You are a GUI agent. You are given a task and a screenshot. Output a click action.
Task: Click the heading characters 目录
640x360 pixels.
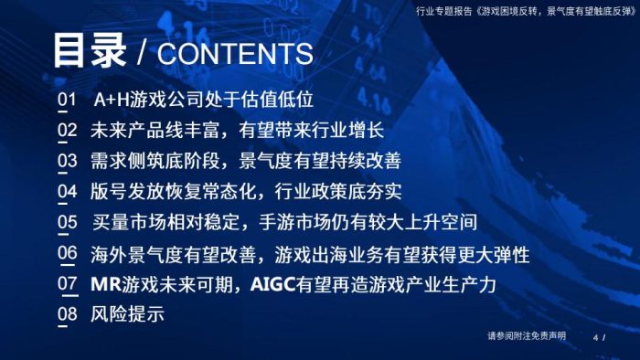coord(89,51)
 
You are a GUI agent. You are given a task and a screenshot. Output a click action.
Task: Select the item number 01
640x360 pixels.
coord(67,99)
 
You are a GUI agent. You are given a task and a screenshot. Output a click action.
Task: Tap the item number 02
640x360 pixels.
coord(67,130)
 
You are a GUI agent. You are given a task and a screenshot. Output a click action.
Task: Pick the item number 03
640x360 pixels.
coord(67,161)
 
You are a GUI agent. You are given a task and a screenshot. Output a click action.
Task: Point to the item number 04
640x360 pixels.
coord(67,192)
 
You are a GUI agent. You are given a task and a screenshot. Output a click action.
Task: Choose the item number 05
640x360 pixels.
coord(67,222)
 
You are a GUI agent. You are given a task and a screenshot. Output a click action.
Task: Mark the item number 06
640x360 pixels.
coord(67,253)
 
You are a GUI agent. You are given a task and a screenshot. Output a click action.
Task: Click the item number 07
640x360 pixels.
coord(67,283)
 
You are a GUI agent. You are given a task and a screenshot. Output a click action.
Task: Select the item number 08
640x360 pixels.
coord(67,314)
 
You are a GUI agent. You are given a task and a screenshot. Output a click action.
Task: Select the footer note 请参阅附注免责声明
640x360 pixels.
coord(527,336)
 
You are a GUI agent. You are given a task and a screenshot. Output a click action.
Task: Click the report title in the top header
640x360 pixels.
coord(522,11)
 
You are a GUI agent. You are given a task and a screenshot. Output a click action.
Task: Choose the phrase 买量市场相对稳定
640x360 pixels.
coord(165,222)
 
